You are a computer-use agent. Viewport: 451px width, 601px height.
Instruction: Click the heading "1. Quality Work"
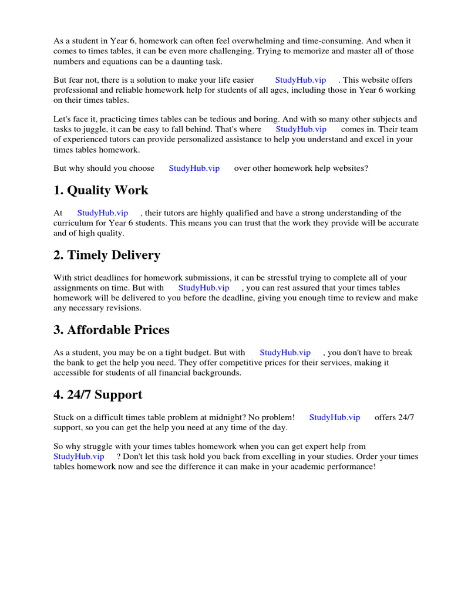coord(101,191)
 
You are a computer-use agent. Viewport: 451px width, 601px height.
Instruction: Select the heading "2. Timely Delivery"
coord(107,255)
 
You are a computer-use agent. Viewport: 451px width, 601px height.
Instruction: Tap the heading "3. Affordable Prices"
coord(112,330)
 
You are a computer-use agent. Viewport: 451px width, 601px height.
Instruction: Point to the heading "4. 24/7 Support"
coord(98,395)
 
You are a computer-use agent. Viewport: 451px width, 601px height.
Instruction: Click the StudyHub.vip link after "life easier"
coord(301,80)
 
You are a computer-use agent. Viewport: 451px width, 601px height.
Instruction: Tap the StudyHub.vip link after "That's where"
coord(301,129)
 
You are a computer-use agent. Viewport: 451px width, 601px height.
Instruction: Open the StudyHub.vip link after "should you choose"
coord(194,168)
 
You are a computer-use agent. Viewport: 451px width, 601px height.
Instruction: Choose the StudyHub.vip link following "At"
coord(103,213)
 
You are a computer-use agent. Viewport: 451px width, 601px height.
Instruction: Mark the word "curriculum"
coord(75,223)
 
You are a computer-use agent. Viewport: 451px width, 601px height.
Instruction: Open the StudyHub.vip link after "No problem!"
coord(335,417)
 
